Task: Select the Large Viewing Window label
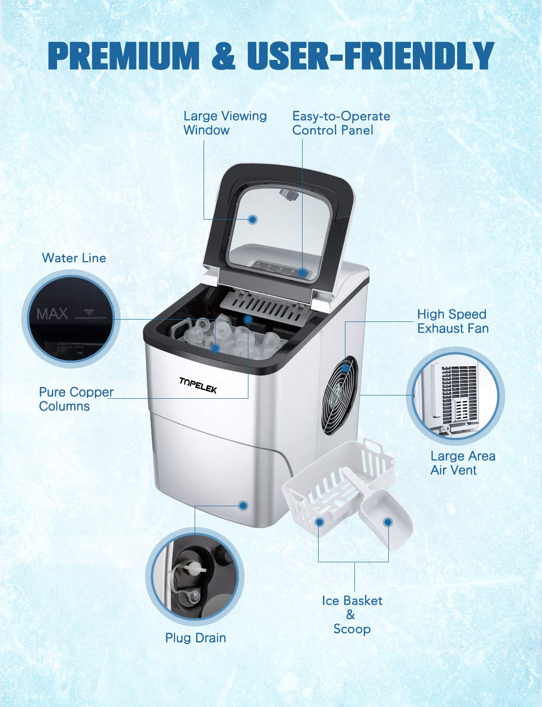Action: [x=225, y=123]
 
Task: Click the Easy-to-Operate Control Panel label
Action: [x=341, y=123]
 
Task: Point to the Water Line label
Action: [x=74, y=258]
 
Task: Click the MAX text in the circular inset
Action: [x=52, y=314]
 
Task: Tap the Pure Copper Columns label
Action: [x=76, y=399]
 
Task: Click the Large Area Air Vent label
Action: [x=462, y=463]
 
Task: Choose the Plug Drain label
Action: [x=195, y=638]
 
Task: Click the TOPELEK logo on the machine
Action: [x=197, y=385]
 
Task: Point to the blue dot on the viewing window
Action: [x=253, y=219]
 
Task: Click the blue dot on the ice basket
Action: [x=319, y=522]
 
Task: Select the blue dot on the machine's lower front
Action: [x=243, y=506]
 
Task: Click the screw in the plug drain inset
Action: [x=194, y=598]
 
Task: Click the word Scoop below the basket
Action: [x=352, y=629]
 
